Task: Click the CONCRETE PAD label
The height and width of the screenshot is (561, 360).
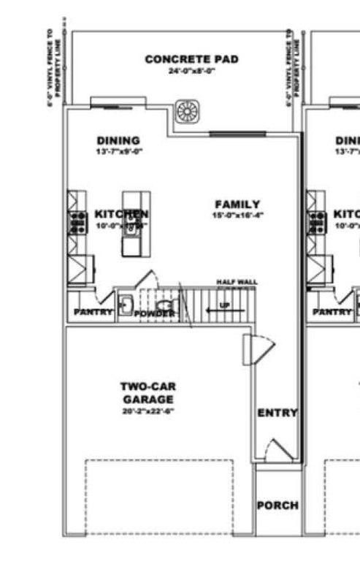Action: pos(191,59)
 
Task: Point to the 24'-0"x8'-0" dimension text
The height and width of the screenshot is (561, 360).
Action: pos(191,71)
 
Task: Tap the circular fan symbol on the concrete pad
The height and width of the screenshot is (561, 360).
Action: pos(188,112)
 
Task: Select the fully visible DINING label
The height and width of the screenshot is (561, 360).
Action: pos(118,140)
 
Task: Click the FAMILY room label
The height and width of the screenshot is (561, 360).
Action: pos(237,204)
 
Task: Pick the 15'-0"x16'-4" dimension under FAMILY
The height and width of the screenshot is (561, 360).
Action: pos(237,215)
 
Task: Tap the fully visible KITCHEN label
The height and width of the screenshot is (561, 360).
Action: pos(121,214)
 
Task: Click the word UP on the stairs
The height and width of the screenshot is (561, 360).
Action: pos(225,303)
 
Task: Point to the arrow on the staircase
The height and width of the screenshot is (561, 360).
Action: pos(215,310)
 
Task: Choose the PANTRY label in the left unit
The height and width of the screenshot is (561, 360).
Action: pos(93,313)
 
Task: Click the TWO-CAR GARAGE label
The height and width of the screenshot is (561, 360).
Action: pos(148,392)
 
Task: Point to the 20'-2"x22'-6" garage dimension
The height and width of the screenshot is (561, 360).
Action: pos(148,411)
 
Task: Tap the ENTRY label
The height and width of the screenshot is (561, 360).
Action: pos(277,413)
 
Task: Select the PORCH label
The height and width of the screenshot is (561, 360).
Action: pos(277,505)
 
